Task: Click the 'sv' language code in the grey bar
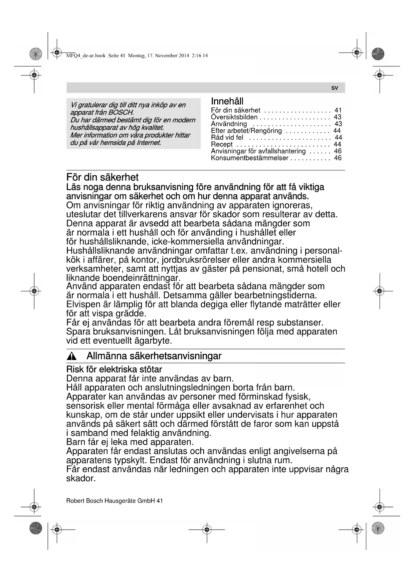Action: [334, 88]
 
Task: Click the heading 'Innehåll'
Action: [227, 101]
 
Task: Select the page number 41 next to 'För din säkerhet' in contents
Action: [338, 110]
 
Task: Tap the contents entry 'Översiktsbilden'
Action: [234, 117]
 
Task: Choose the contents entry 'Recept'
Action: [222, 144]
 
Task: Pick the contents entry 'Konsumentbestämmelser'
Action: [249, 158]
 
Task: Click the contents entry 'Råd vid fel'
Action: [227, 138]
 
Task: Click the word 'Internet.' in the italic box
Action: [148, 143]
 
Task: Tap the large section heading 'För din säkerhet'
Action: [102, 177]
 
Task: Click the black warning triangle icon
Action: [72, 357]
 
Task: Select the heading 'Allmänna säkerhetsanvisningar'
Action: [154, 356]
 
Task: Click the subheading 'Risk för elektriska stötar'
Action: [114, 369]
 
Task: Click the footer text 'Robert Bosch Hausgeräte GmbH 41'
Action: [114, 501]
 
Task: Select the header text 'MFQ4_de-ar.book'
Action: [86, 56]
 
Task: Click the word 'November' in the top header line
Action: [166, 56]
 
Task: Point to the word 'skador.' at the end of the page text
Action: [81, 478]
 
